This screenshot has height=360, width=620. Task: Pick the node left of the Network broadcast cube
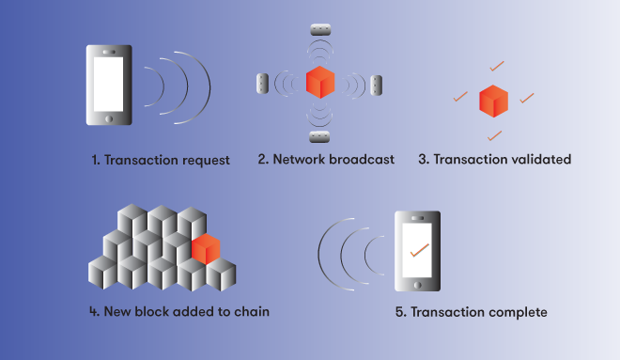(x=262, y=84)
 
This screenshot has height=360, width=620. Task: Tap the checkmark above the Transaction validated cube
(x=494, y=65)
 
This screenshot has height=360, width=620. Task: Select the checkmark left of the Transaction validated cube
(x=459, y=96)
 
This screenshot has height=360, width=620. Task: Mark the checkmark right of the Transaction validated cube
(x=527, y=96)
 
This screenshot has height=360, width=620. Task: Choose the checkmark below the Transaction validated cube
(x=494, y=135)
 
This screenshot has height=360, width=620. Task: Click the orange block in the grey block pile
(x=206, y=249)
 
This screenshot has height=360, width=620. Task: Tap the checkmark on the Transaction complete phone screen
(x=419, y=250)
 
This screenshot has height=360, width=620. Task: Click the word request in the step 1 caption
(x=204, y=160)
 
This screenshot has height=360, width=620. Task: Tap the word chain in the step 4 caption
(x=251, y=310)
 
